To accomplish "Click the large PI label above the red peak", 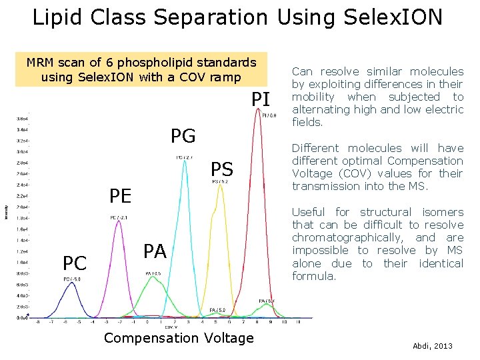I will [261, 101].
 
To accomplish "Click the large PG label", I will [183, 137].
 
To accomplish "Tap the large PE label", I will [121, 196].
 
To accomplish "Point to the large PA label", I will [155, 251].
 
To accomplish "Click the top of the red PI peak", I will [259, 111].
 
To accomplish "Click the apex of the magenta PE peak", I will [119, 221].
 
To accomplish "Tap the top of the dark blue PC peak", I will [69, 283].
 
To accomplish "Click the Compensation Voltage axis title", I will [179, 338].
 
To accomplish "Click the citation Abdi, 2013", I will [433, 347].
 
